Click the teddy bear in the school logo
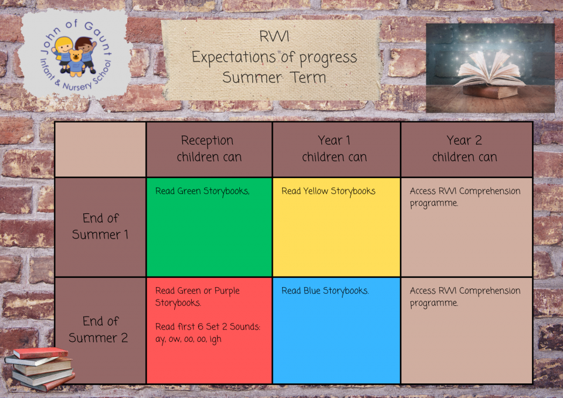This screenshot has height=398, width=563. pyautogui.click(x=76, y=63)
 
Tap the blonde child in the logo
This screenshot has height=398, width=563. pyautogui.click(x=63, y=54)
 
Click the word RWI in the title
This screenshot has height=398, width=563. pyautogui.click(x=274, y=36)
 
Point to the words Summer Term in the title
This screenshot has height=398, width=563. pyautogui.click(x=274, y=77)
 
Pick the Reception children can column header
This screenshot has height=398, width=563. pyautogui.click(x=209, y=148)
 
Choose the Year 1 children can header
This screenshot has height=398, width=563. pyautogui.click(x=334, y=148)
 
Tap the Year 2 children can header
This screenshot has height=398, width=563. pyautogui.click(x=464, y=148)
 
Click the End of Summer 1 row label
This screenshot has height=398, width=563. pyautogui.click(x=100, y=226)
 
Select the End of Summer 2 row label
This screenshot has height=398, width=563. pyautogui.click(x=99, y=329)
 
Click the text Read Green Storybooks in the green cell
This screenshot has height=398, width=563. pyautogui.click(x=202, y=191)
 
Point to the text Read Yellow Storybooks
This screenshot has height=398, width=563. pyautogui.click(x=328, y=191)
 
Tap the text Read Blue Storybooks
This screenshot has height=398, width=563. pyautogui.click(x=325, y=291)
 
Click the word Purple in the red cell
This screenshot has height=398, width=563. pyautogui.click(x=227, y=291)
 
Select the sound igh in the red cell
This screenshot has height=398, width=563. pyautogui.click(x=215, y=339)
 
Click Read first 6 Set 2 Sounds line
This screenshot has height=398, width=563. pyautogui.click(x=208, y=326)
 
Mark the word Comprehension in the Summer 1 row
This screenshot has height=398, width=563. pyautogui.click(x=490, y=191)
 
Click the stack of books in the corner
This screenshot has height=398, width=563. pyautogui.click(x=39, y=369)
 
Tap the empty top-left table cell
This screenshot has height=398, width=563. pyautogui.click(x=100, y=149)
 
